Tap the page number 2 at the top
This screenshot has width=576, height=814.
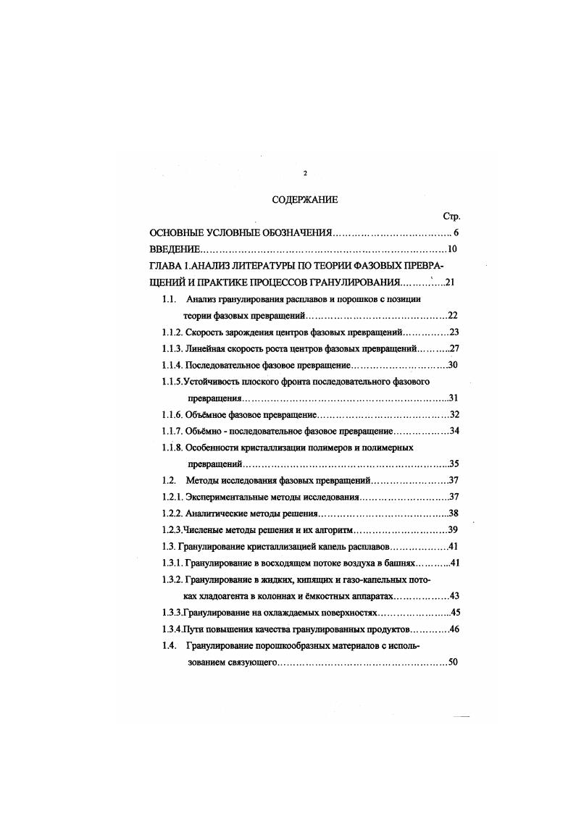305,173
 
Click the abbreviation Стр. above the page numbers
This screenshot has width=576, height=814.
451,216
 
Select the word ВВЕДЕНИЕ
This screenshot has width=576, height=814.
173,250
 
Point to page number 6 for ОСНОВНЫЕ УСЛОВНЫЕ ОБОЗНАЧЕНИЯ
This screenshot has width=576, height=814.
456,232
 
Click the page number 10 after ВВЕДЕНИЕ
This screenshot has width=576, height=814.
454,250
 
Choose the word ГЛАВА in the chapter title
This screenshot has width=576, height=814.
167,267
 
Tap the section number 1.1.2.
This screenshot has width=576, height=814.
172,332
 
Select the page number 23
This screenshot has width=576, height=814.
455,332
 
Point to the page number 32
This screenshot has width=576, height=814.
455,415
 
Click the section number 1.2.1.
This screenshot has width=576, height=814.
172,497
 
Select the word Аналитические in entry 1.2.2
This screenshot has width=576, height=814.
220,513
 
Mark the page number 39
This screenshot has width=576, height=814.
455,529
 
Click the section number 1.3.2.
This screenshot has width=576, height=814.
172,579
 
